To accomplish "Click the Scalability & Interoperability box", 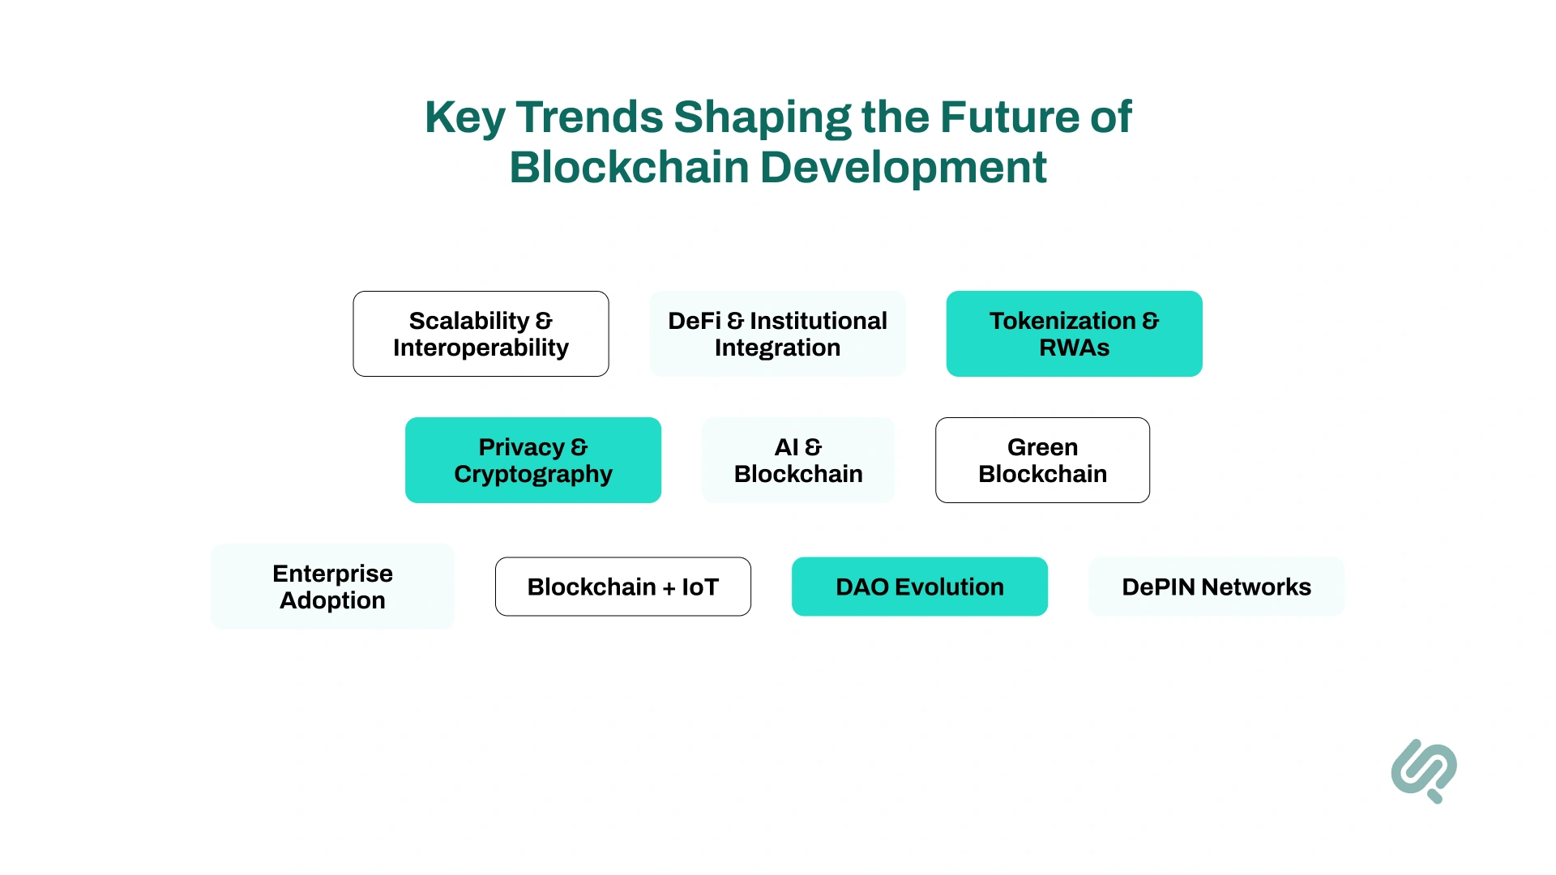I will [x=481, y=334].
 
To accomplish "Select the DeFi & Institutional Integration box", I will [x=777, y=334].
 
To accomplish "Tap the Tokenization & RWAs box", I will [x=1074, y=334].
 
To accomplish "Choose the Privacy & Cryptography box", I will [x=532, y=460].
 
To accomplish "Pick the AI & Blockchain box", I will [x=798, y=460].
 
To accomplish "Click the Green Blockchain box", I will [x=1042, y=460].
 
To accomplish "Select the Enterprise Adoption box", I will [x=332, y=587].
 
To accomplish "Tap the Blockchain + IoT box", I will [x=622, y=587].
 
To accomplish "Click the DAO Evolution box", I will [x=919, y=587].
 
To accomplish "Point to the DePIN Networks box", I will [x=1216, y=587].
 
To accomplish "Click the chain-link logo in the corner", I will [x=1424, y=770].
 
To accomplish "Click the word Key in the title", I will [x=464, y=118].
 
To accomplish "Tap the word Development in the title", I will [x=903, y=169].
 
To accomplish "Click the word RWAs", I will [x=1074, y=348].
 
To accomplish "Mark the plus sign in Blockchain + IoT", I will [x=669, y=588].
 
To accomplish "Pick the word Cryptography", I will [x=532, y=475].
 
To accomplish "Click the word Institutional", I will [x=818, y=321].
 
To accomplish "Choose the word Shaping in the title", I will [x=762, y=118].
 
